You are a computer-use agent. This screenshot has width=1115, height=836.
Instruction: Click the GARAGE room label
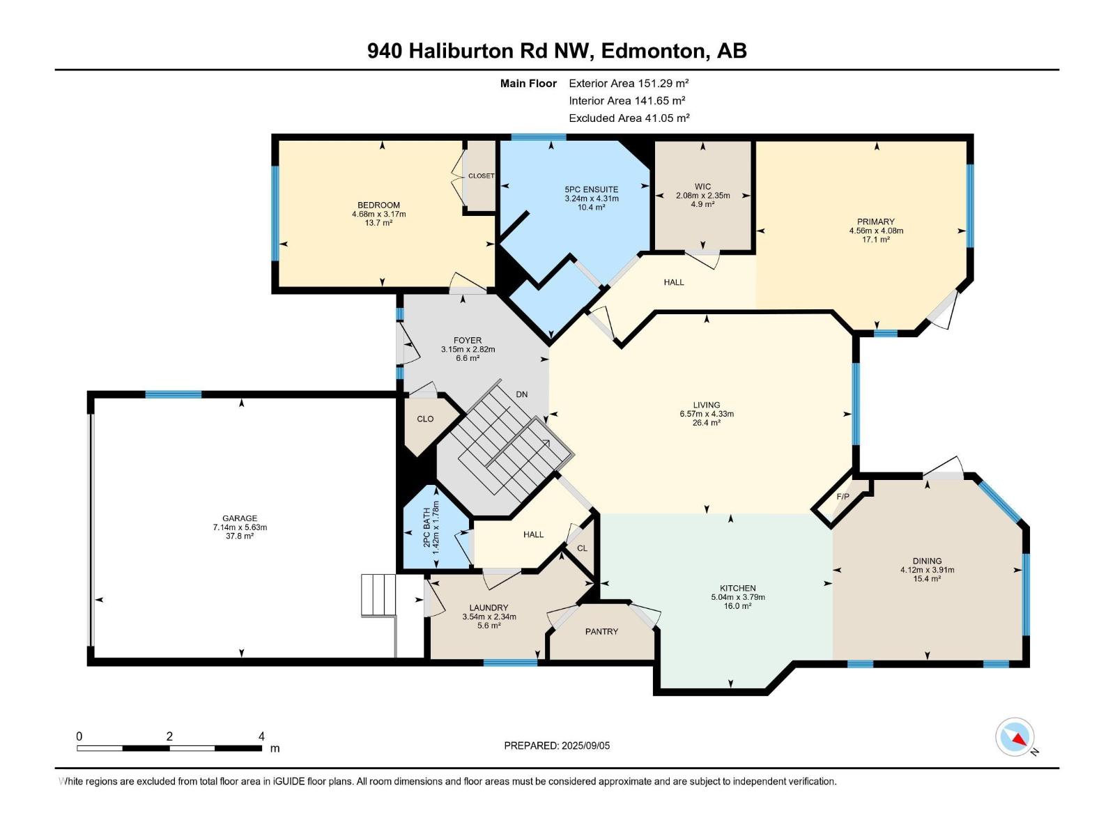[x=240, y=518]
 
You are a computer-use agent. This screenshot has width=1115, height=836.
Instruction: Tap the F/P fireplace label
[x=843, y=497]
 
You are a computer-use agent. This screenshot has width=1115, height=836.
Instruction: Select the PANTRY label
[x=601, y=632]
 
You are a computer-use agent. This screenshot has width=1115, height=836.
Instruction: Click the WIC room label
[x=702, y=187]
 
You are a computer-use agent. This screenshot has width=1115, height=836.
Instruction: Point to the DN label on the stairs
[x=521, y=394]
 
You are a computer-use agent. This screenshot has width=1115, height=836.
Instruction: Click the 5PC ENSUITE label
[x=591, y=189]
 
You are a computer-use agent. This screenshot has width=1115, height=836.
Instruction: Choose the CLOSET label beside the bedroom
[x=481, y=176]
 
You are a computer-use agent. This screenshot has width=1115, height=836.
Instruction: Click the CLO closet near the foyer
[x=425, y=419]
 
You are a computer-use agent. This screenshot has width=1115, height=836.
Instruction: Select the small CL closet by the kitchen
[x=582, y=548]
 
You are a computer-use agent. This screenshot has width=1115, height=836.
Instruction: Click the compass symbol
[x=1015, y=737]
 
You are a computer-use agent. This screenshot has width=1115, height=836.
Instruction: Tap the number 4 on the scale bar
[x=261, y=736]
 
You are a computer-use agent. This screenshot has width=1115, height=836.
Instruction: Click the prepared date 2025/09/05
[x=585, y=745]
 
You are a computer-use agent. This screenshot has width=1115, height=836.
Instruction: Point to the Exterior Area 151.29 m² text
[x=629, y=83]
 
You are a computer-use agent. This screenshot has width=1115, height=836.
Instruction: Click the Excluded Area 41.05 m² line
[x=629, y=118]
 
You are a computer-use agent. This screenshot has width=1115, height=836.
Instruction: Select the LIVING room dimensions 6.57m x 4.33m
[x=707, y=414]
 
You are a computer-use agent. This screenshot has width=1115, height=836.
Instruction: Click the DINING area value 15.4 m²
[x=927, y=579]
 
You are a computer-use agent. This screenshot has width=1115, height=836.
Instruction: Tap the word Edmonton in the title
[x=652, y=51]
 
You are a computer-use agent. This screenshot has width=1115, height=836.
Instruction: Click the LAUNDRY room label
[x=489, y=607]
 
